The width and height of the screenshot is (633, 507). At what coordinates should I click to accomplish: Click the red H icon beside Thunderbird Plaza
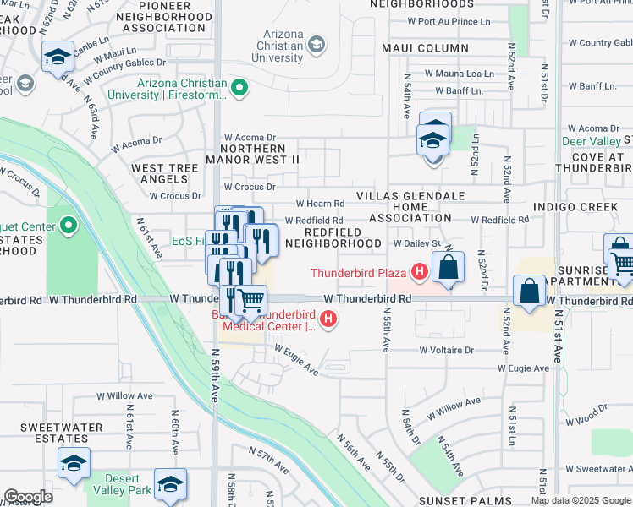[x=418, y=272]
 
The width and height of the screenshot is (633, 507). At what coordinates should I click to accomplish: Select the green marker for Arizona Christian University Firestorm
[x=239, y=86]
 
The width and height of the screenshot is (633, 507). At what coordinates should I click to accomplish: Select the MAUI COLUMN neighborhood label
[x=425, y=47]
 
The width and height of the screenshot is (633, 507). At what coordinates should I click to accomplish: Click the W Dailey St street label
[x=418, y=243]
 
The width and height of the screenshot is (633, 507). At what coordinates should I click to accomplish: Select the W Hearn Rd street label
[x=320, y=204]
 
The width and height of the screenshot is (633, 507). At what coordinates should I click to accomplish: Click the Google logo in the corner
[x=28, y=497]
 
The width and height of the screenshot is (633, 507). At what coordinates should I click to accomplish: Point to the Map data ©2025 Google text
[x=580, y=500]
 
